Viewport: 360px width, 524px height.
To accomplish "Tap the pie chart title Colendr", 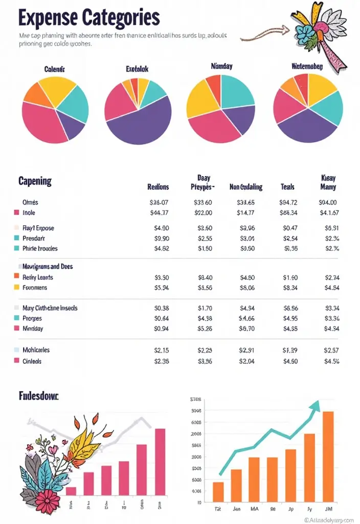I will (x=55, y=69).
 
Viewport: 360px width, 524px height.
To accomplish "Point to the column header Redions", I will (x=158, y=187).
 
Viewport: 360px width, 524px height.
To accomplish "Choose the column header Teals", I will (x=288, y=187).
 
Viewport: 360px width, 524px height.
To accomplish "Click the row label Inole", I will (x=29, y=213).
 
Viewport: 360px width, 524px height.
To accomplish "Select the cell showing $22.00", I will (x=204, y=213).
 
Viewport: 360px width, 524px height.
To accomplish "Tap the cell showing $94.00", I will (x=328, y=203).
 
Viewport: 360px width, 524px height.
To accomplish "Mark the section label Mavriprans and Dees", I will (x=48, y=267).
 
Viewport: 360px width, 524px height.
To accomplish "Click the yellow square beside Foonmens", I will (x=16, y=288).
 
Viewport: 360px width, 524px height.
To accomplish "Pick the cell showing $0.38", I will (x=161, y=309).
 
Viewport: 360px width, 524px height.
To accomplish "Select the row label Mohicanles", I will (x=36, y=350).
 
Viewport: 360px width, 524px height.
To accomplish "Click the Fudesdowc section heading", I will (x=38, y=396).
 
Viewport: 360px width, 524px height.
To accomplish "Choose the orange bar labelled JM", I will (x=328, y=455).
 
